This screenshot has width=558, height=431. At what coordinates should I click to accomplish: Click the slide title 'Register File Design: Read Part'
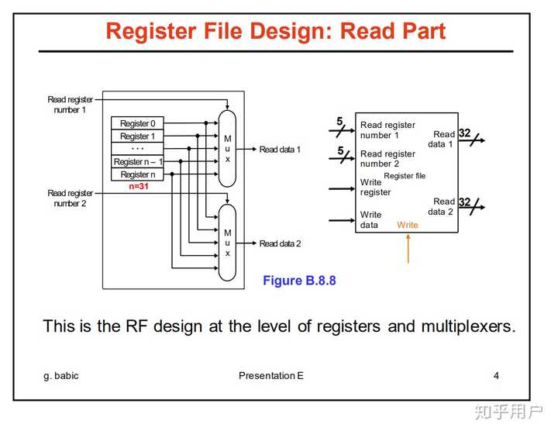point(275,31)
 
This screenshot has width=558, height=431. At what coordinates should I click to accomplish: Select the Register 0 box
point(137,123)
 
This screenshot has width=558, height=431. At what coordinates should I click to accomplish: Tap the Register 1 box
point(137,136)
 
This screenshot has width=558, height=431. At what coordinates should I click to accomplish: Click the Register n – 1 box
point(137,162)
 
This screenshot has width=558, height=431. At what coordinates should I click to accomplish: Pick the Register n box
point(137,174)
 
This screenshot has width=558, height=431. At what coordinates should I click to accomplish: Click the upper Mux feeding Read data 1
point(227,148)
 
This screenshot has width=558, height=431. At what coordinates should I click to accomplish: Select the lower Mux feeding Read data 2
point(227,243)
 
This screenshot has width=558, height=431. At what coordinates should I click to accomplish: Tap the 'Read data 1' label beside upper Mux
point(280,150)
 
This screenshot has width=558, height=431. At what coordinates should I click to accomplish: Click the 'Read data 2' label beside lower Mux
point(280,243)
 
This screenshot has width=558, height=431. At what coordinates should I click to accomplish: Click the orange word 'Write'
point(407,225)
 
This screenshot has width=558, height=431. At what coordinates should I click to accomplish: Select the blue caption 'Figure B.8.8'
point(299,281)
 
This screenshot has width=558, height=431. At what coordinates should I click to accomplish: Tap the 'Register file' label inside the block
point(405,176)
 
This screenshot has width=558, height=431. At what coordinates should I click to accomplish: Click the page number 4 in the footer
point(496,376)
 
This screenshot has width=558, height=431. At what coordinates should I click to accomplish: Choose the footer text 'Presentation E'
point(271,376)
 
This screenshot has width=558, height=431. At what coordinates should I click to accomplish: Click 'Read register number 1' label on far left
point(70,105)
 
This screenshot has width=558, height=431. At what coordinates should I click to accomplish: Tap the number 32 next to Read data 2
point(464,202)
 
